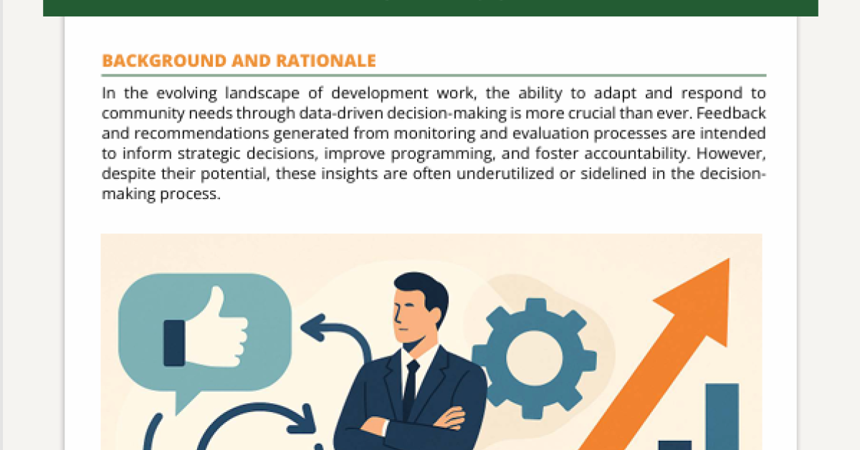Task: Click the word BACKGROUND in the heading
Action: pyautogui.click(x=164, y=61)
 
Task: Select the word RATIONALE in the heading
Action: pyautogui.click(x=326, y=61)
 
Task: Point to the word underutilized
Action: pyautogui.click(x=505, y=173)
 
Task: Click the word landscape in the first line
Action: pyautogui.click(x=262, y=93)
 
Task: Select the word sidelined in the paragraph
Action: pyautogui.click(x=613, y=173)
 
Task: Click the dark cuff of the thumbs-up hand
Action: pyautogui.click(x=174, y=343)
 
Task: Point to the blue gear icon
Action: pyautogui.click(x=535, y=358)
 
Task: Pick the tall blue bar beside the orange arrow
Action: pyautogui.click(x=722, y=416)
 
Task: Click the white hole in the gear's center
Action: pyautogui.click(x=535, y=358)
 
